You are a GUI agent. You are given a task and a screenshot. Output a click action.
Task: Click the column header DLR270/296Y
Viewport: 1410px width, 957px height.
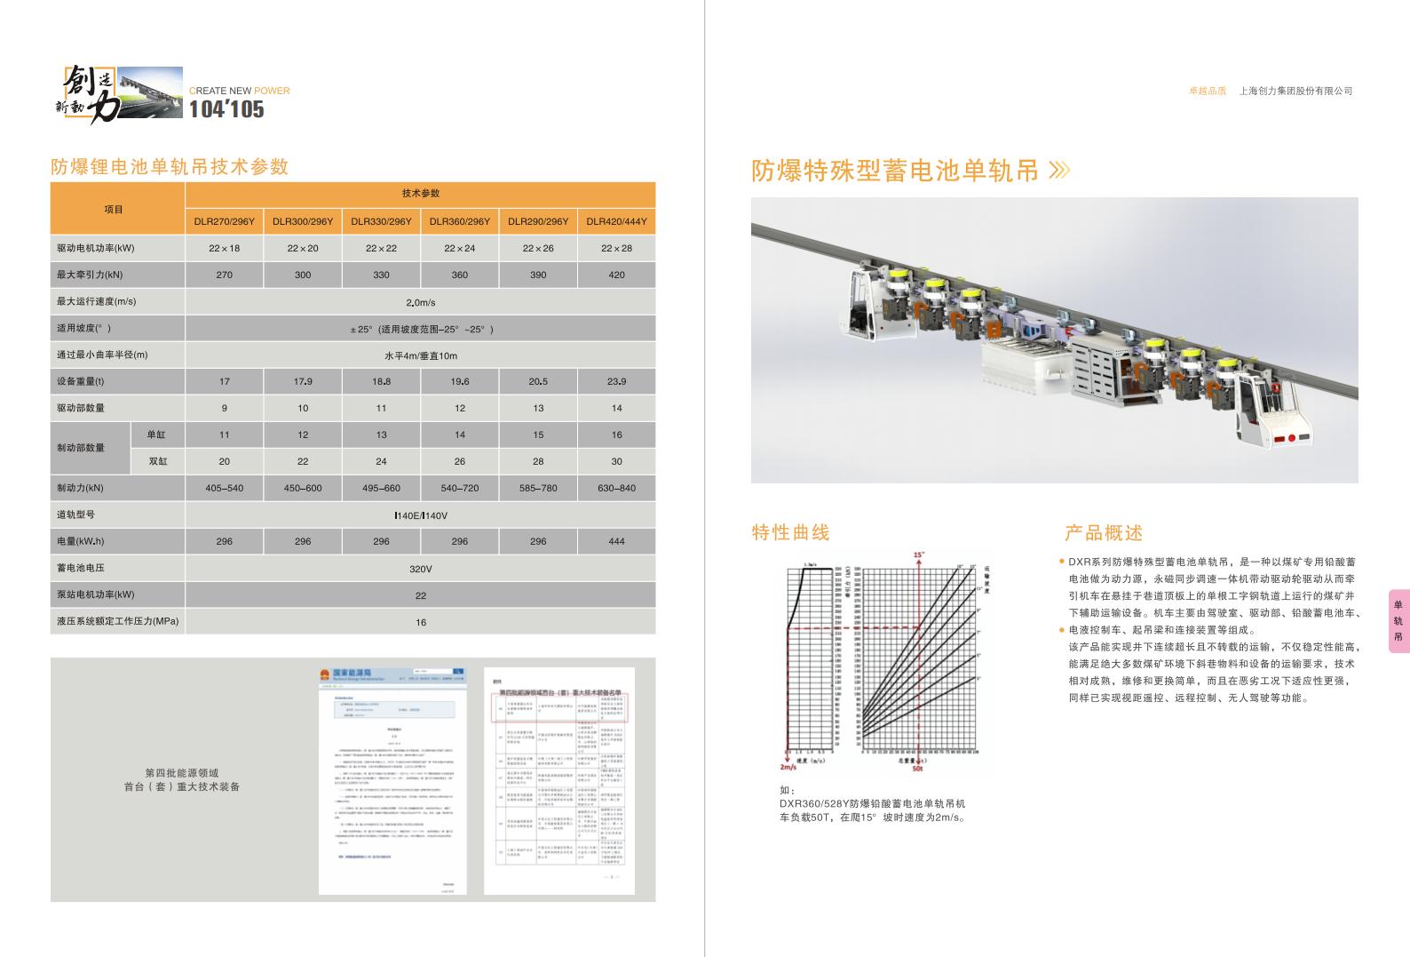click(x=224, y=221)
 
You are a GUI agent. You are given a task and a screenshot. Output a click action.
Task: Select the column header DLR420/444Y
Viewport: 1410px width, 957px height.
click(x=616, y=221)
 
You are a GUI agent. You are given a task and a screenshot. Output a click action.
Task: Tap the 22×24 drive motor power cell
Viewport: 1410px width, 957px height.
click(x=459, y=248)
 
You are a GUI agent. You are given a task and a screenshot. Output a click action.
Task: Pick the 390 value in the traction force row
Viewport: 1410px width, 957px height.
click(x=538, y=275)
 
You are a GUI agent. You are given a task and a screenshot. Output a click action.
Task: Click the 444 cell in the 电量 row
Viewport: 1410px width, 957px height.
click(x=616, y=541)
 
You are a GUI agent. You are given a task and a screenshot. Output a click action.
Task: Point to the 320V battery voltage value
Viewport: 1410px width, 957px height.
click(x=420, y=569)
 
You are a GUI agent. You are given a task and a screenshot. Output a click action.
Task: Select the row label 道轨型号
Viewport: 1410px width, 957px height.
click(x=75, y=514)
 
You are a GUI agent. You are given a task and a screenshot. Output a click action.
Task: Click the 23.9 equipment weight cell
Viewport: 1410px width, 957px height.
click(x=616, y=381)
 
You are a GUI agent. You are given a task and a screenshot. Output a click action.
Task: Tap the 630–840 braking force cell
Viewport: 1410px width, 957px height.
click(x=616, y=488)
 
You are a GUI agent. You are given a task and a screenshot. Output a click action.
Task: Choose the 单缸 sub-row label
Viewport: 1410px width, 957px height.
click(x=156, y=435)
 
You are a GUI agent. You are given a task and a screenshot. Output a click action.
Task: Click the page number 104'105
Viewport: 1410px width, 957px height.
click(x=226, y=109)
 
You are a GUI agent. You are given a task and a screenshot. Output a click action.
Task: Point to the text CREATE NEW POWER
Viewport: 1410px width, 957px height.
click(x=240, y=91)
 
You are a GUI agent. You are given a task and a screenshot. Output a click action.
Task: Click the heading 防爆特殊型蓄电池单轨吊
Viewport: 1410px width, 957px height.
click(x=895, y=170)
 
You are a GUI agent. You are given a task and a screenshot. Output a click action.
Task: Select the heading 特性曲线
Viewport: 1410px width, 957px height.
click(x=790, y=532)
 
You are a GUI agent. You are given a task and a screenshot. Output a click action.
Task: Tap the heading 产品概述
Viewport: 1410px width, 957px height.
click(x=1104, y=533)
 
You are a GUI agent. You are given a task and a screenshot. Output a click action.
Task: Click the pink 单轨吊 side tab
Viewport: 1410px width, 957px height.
click(x=1398, y=621)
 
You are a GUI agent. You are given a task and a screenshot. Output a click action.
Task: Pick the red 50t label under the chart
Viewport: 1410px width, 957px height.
click(x=918, y=768)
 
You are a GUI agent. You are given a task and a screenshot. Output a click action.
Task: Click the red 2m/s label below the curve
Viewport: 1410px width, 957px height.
click(x=788, y=766)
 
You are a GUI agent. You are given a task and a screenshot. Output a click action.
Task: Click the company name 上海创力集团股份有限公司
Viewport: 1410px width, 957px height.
click(x=1295, y=91)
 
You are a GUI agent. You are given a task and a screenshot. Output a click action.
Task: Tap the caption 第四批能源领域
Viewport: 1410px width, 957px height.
click(x=182, y=773)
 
